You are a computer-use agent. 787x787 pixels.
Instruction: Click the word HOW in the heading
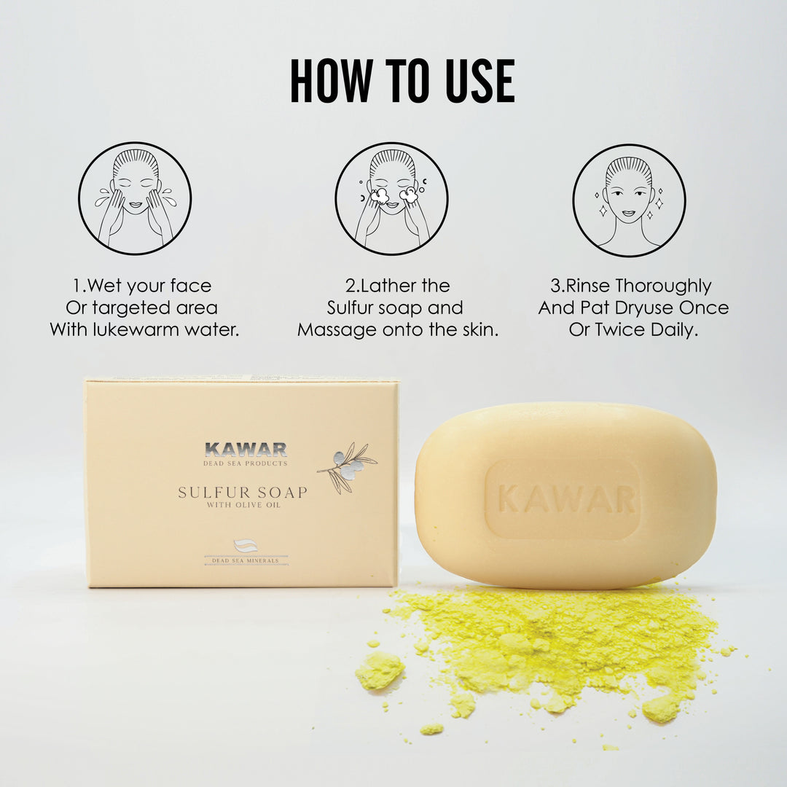tap(332, 81)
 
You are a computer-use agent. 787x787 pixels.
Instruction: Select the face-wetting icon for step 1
tap(135, 198)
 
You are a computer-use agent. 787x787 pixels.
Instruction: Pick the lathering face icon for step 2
tap(392, 198)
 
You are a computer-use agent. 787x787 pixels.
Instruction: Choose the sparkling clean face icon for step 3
tap(629, 200)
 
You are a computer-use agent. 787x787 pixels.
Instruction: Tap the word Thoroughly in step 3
tap(664, 286)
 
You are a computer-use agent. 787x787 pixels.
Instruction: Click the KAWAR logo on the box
tap(246, 449)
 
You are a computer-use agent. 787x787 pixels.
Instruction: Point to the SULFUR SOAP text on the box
tap(243, 493)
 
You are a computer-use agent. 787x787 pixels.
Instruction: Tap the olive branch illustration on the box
tap(347, 468)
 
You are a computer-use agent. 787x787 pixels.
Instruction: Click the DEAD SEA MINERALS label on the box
tap(246, 560)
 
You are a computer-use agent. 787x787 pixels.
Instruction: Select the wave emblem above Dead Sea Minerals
tap(246, 546)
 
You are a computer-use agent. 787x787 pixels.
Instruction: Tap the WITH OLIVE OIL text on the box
tap(243, 505)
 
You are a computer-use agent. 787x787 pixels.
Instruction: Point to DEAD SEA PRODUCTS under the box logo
tap(246, 463)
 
